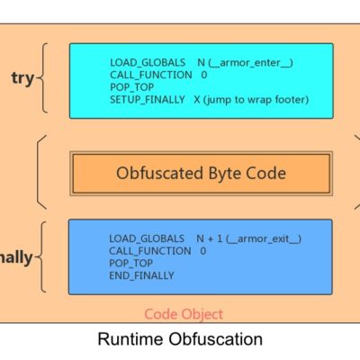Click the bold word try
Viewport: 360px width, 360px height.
[22, 78]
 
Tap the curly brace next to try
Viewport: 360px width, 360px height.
[42, 78]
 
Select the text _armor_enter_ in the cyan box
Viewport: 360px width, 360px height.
[250, 63]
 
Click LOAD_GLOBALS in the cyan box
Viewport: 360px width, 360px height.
[148, 62]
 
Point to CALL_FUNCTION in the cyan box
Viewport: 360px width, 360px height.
[151, 75]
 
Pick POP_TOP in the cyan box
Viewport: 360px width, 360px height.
[132, 87]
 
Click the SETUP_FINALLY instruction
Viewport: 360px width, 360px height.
[148, 99]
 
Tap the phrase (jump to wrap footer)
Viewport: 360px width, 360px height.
[256, 99]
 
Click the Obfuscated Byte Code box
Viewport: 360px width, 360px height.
[201, 174]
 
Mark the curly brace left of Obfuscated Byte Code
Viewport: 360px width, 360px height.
[41, 172]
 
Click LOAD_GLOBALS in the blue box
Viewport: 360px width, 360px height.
[147, 238]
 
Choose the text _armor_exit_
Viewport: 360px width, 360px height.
[264, 238]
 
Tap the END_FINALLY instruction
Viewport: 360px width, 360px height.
[141, 275]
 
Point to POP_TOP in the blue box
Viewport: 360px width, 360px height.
[131, 263]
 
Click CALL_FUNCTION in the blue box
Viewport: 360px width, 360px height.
[150, 251]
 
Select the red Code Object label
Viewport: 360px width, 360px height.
[184, 314]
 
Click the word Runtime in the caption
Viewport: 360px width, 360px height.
[130, 339]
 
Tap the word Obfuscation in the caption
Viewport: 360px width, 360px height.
[215, 339]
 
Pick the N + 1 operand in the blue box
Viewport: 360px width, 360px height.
[210, 238]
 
